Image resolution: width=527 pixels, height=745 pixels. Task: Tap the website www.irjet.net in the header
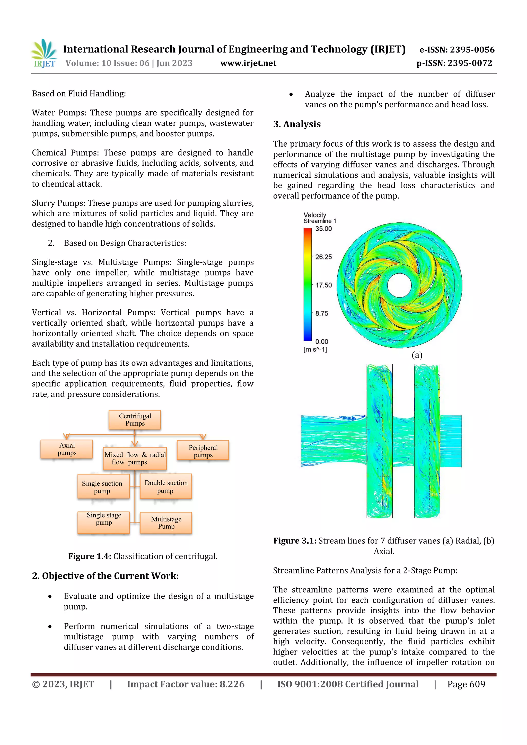click(x=248, y=63)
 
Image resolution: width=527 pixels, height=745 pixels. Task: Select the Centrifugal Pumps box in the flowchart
click(x=135, y=419)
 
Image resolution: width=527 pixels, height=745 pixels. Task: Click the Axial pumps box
click(x=67, y=449)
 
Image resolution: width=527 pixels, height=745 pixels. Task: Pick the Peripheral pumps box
click(x=203, y=451)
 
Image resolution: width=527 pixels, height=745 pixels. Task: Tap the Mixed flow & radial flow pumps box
click(x=135, y=458)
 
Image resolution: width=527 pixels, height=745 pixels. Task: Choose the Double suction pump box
click(x=166, y=486)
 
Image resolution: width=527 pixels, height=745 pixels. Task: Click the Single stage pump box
click(x=104, y=522)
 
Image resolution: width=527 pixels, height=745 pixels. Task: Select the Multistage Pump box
click(x=166, y=522)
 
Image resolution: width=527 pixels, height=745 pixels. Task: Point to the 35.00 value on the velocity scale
click(x=323, y=229)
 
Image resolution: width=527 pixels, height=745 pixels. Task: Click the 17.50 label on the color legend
click(x=323, y=285)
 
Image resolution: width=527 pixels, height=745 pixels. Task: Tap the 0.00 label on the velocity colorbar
click(x=321, y=342)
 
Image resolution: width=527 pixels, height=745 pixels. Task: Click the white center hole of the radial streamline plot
click(x=399, y=285)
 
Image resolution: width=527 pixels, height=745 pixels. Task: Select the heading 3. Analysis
click(x=297, y=124)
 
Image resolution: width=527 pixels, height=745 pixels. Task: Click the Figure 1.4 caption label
click(x=90, y=556)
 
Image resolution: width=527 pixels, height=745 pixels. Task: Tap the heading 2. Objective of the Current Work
click(x=105, y=576)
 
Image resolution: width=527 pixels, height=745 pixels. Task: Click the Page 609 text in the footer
click(x=466, y=684)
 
